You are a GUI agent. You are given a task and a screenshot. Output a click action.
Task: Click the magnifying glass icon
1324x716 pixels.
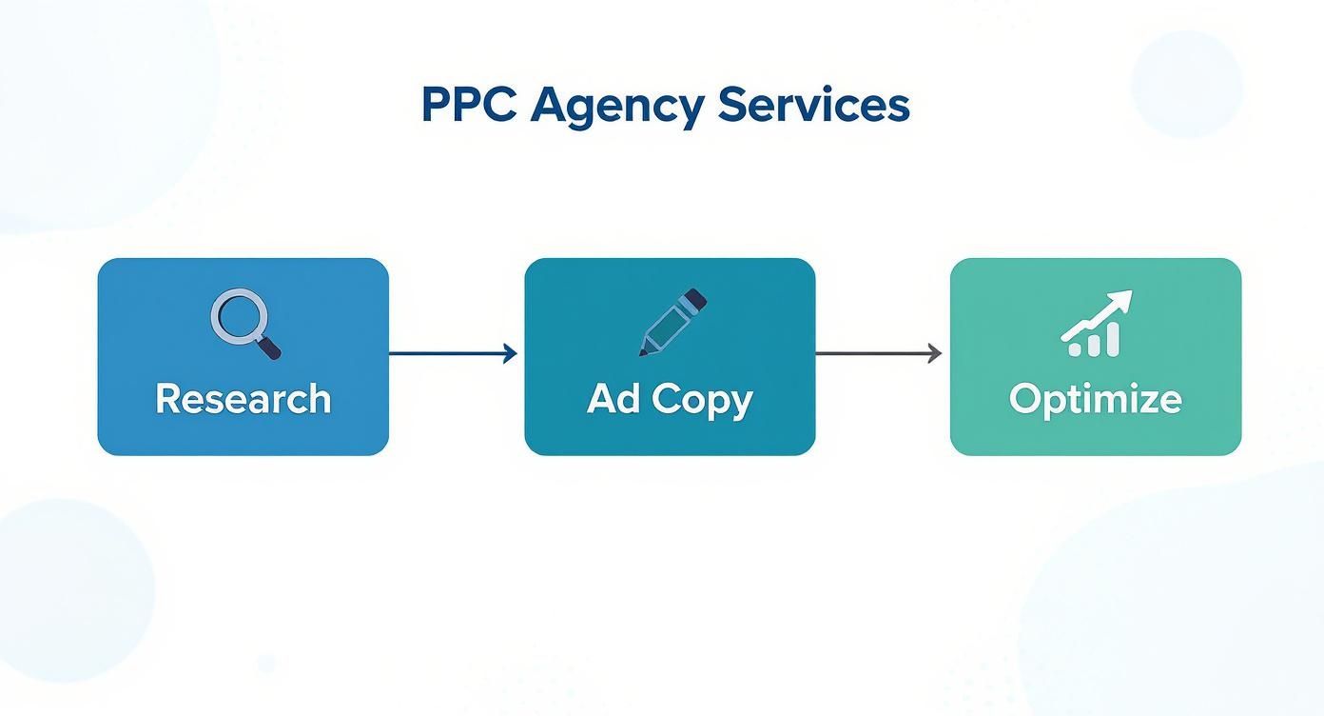(243, 325)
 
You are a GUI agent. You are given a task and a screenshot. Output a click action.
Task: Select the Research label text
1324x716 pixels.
(243, 398)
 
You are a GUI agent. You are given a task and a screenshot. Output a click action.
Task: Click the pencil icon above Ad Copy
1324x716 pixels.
(672, 322)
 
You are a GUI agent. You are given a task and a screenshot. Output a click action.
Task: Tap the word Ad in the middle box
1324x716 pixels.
(613, 398)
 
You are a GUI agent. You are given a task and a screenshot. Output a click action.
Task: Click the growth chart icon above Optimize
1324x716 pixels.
(1096, 324)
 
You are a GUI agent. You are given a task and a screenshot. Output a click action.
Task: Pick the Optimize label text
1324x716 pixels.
(1095, 398)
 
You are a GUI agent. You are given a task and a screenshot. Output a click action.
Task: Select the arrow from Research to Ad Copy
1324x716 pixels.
(452, 354)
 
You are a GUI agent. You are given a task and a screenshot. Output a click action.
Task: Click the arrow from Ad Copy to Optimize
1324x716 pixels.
(877, 354)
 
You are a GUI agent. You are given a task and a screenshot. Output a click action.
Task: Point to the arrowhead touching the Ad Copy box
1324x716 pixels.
(511, 354)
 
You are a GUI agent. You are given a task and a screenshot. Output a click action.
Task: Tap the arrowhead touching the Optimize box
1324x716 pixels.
(935, 354)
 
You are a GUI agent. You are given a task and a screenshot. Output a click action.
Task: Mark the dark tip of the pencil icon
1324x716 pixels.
(644, 352)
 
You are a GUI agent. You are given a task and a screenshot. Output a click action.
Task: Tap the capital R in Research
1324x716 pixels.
(167, 398)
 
